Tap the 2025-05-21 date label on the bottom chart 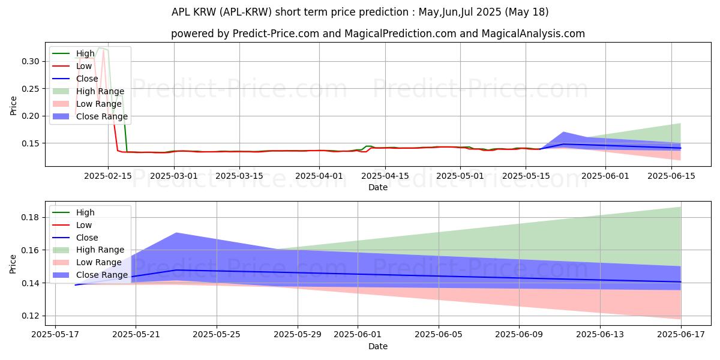[136, 335]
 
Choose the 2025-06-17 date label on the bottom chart [681, 335]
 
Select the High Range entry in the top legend [98, 91]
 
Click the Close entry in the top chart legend [88, 79]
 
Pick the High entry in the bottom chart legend [85, 212]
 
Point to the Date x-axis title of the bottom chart [378, 346]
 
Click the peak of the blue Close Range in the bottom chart [176, 233]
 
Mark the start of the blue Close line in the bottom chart [75, 285]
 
